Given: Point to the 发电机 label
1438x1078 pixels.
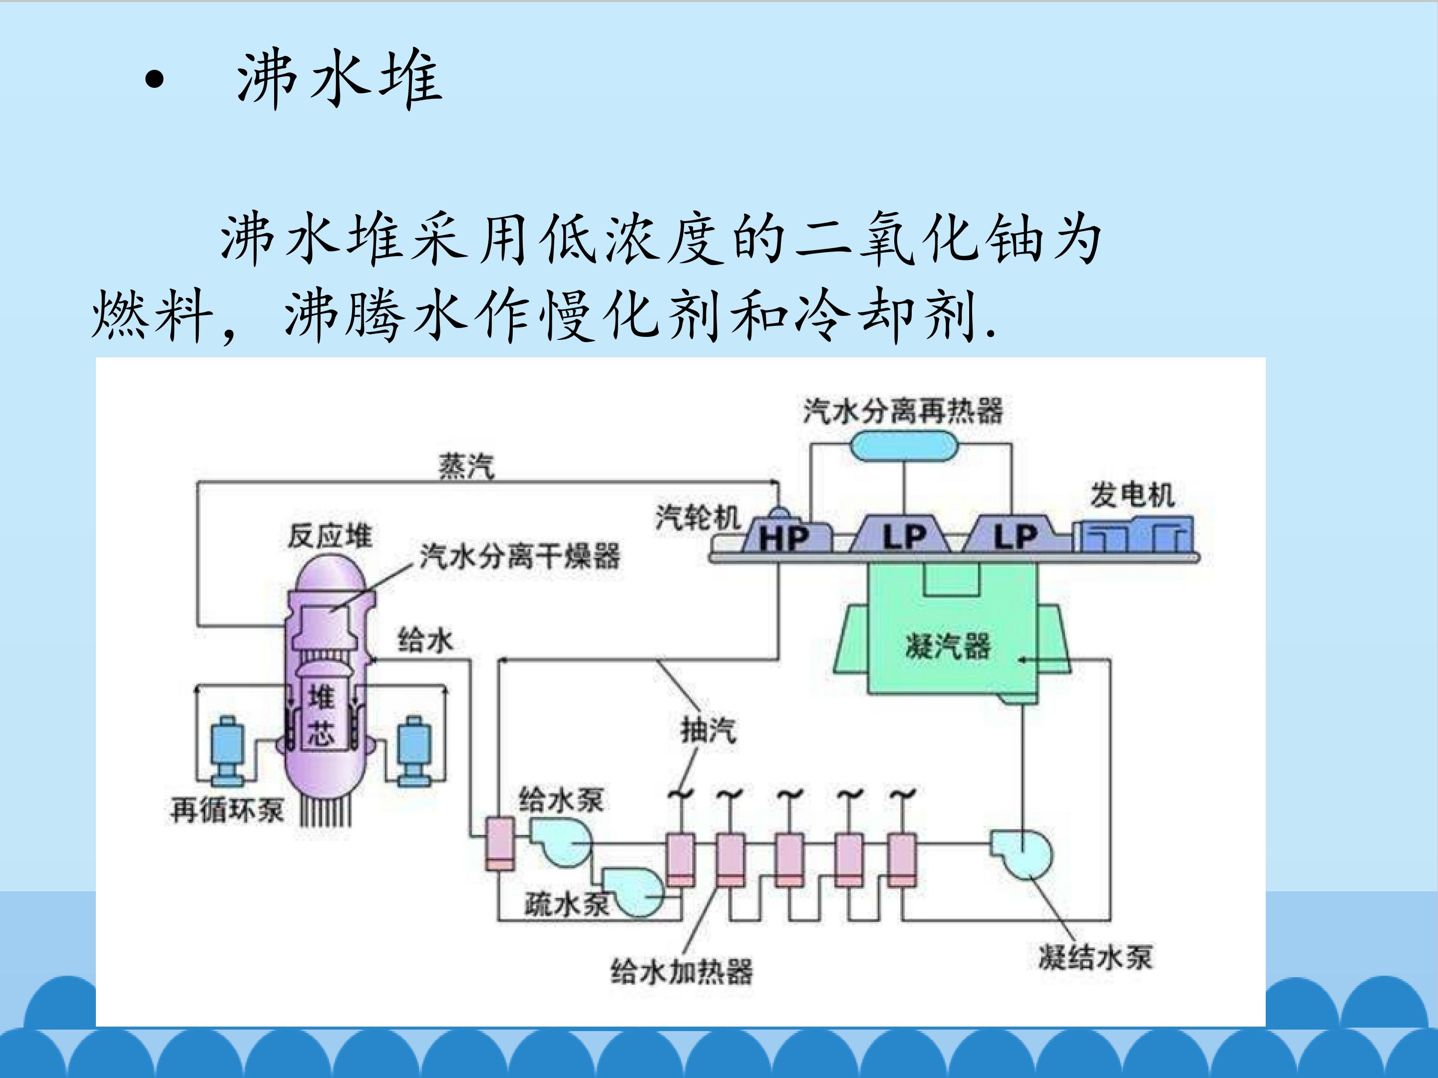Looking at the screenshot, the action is [1132, 495].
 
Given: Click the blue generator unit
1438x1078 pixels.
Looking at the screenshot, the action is [1134, 534].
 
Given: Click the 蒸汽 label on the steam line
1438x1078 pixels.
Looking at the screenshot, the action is [466, 466].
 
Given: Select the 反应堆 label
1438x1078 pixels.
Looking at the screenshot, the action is [330, 536].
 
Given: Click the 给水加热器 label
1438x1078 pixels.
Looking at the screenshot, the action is [681, 972].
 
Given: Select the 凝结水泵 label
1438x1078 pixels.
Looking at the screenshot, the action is [1095, 957].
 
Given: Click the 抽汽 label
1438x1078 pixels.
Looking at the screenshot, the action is [709, 730].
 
